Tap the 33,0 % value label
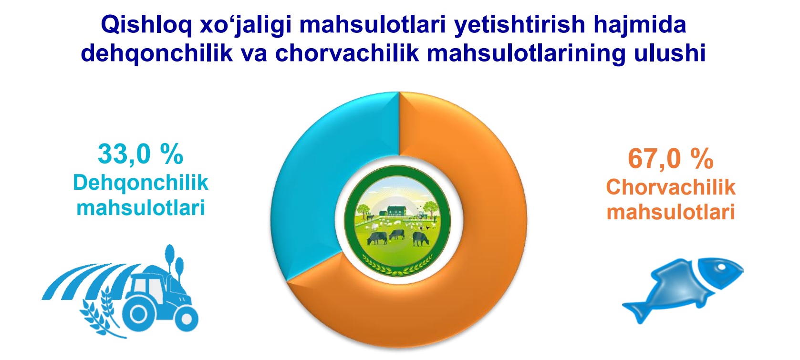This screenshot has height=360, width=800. tap(141, 154)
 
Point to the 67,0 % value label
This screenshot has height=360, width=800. tap(671, 159)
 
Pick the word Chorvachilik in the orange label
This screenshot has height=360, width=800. tap(671, 187)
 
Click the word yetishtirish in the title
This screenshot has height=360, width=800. tap(519, 25)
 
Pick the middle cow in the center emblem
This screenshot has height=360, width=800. tap(397, 234)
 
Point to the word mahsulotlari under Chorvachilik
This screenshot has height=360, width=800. tap(671, 212)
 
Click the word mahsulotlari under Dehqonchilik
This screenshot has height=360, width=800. tap(141, 207)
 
